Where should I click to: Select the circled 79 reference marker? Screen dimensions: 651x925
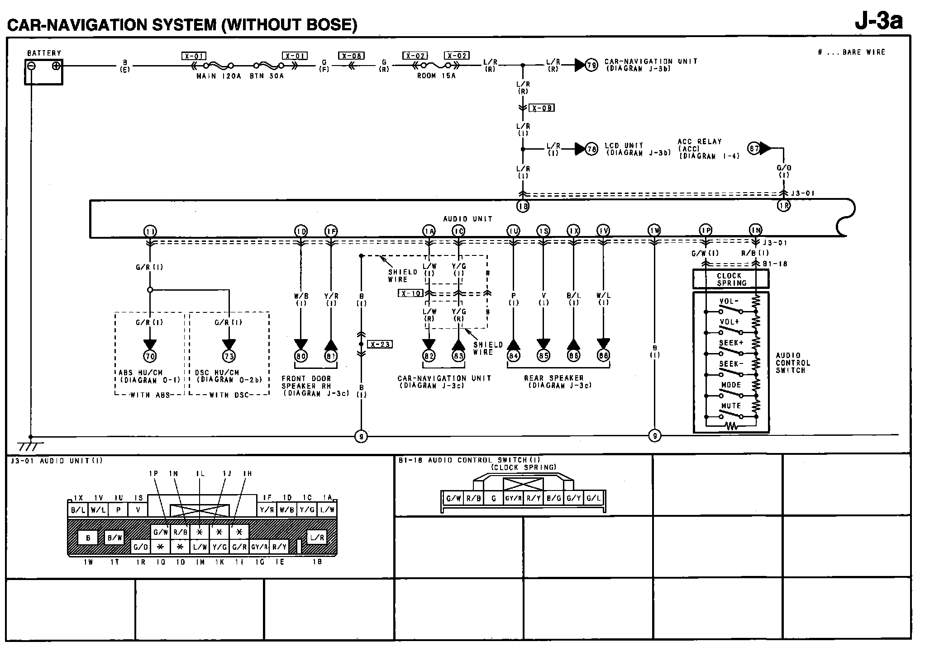pyautogui.click(x=591, y=65)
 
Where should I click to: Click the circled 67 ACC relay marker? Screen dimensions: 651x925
pyautogui.click(x=753, y=148)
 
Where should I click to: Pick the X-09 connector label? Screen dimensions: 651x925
pyautogui.click(x=542, y=108)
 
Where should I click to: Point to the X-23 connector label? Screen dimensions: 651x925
pyautogui.click(x=380, y=344)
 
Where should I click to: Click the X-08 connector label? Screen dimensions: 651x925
pyautogui.click(x=351, y=56)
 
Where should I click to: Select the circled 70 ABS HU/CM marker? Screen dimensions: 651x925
pyautogui.click(x=150, y=356)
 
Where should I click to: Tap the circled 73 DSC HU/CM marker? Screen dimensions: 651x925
pyautogui.click(x=229, y=356)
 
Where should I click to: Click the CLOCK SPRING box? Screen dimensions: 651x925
pyautogui.click(x=730, y=279)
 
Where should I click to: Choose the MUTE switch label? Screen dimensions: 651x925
pyautogui.click(x=731, y=406)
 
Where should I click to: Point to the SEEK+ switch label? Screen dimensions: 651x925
pyautogui.click(x=731, y=343)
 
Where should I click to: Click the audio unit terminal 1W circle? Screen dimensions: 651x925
pyautogui.click(x=654, y=231)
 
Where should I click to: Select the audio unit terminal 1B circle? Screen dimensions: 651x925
pyautogui.click(x=523, y=206)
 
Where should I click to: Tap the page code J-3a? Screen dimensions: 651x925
pyautogui.click(x=878, y=21)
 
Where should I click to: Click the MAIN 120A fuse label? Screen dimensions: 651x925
pyautogui.click(x=219, y=76)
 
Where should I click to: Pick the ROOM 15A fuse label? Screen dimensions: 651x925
pyautogui.click(x=436, y=76)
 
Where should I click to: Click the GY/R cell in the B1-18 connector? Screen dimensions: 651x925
pyautogui.click(x=513, y=499)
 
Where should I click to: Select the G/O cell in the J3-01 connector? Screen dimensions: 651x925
pyautogui.click(x=140, y=547)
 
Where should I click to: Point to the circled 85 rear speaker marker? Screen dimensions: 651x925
pyautogui.click(x=544, y=356)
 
